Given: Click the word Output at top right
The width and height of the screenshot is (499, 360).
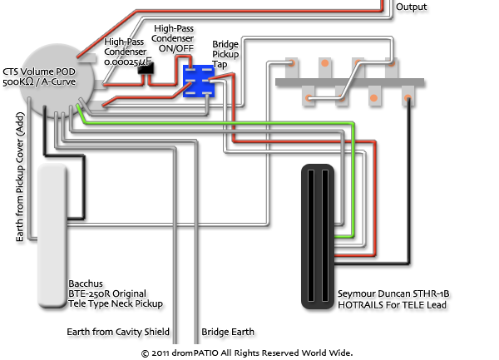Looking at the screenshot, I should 412,7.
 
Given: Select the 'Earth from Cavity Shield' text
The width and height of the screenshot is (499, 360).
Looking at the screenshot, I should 121,332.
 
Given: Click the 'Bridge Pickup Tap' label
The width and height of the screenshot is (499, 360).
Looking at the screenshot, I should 226,52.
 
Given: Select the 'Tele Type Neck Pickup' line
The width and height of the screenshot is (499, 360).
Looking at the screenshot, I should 116,304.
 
